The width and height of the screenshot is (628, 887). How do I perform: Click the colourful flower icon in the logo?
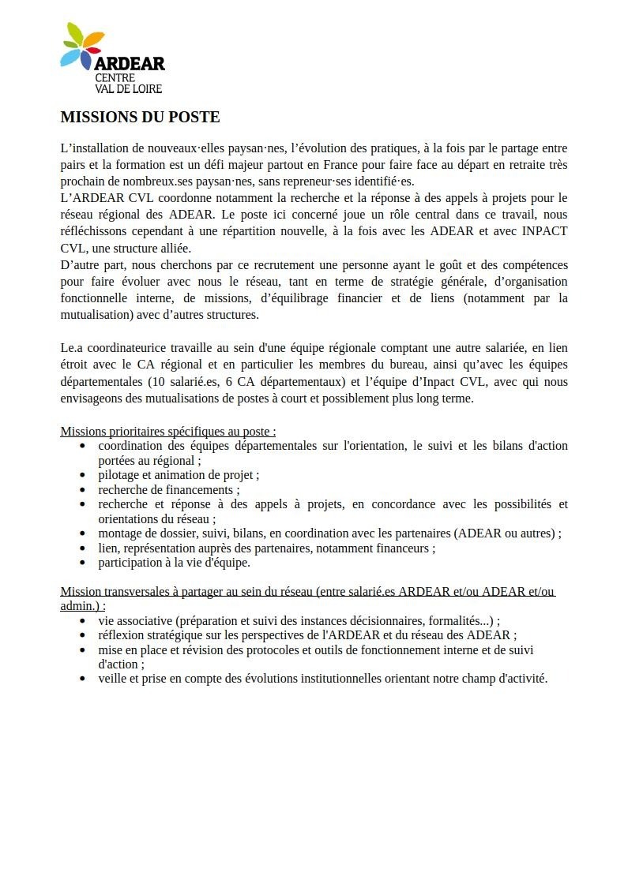pos(81,47)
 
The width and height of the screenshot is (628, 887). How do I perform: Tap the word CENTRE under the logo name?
pos(115,78)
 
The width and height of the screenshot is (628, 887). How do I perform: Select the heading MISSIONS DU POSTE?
pos(140,118)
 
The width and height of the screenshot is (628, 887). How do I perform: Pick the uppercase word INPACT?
pos(545,231)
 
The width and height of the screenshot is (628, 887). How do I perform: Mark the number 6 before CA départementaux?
pos(229,381)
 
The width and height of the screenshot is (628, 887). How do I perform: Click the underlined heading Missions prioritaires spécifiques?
pos(167,432)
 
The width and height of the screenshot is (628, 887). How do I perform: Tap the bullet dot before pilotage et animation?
pos(83,475)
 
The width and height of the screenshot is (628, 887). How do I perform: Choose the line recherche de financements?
pos(169,489)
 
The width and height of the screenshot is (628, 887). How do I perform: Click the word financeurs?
pos(404,548)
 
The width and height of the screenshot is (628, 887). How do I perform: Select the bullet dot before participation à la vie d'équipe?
pos(83,563)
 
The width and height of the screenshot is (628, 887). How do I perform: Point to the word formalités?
pos(453,620)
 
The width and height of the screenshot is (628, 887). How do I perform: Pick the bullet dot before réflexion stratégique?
pos(83,635)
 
